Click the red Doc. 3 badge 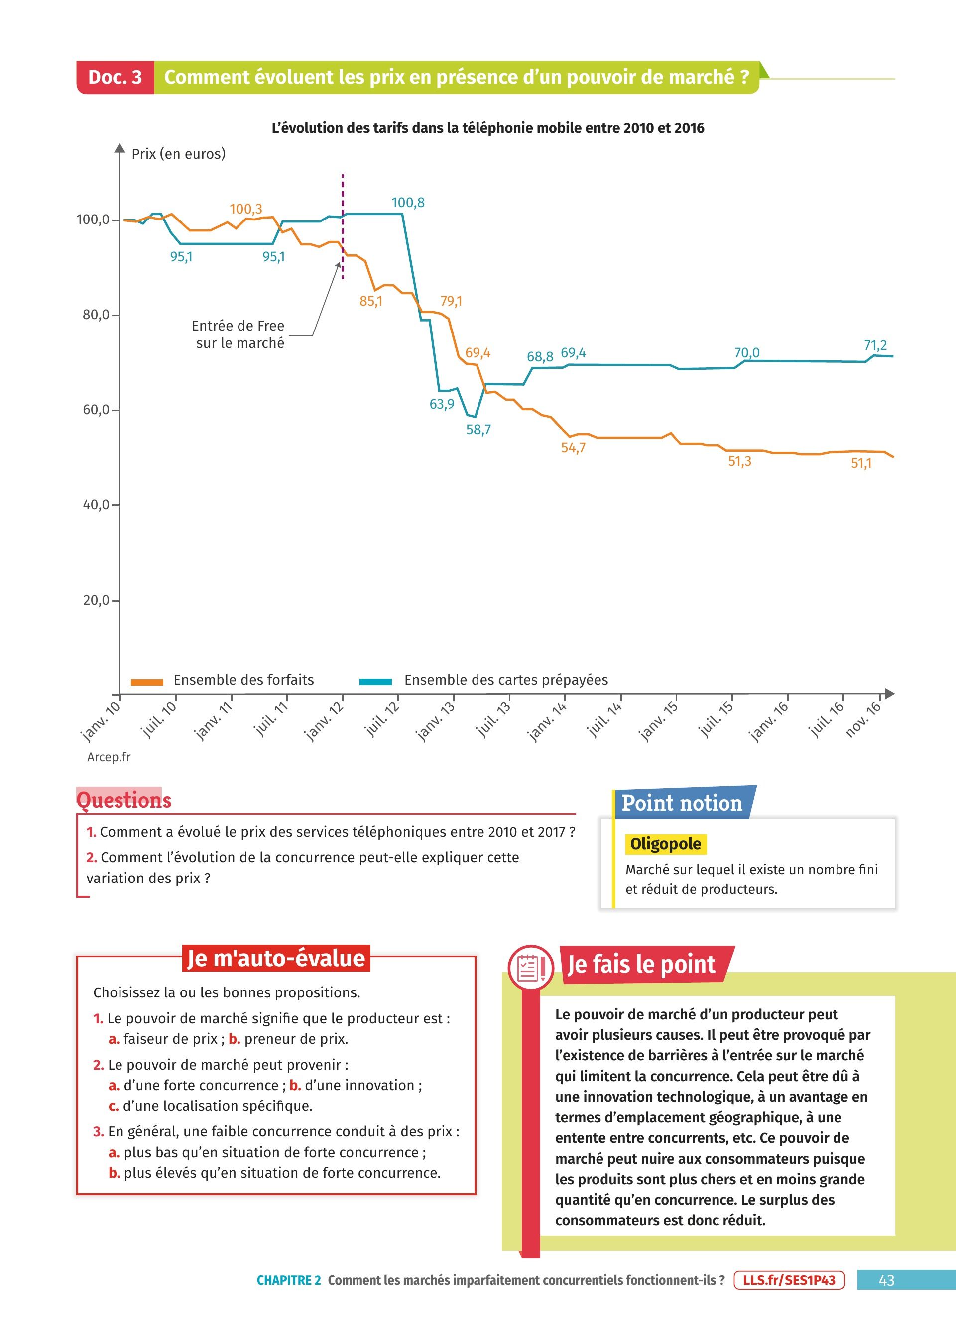pyautogui.click(x=115, y=77)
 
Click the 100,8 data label pyautogui.click(x=407, y=203)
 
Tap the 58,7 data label pyautogui.click(x=478, y=430)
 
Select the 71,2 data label pyautogui.click(x=875, y=345)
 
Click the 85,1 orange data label pyautogui.click(x=371, y=301)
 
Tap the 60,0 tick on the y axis pyautogui.click(x=97, y=410)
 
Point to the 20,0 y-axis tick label pyautogui.click(x=97, y=600)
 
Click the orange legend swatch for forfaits pyautogui.click(x=147, y=682)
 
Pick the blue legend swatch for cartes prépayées pyautogui.click(x=375, y=682)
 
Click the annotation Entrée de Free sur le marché pyautogui.click(x=239, y=334)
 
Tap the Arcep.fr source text pyautogui.click(x=109, y=757)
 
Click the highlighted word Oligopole pyautogui.click(x=665, y=844)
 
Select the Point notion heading pyautogui.click(x=682, y=803)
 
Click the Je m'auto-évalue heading pyautogui.click(x=276, y=958)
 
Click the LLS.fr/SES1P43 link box pyautogui.click(x=789, y=1280)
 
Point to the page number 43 pyautogui.click(x=886, y=1280)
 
